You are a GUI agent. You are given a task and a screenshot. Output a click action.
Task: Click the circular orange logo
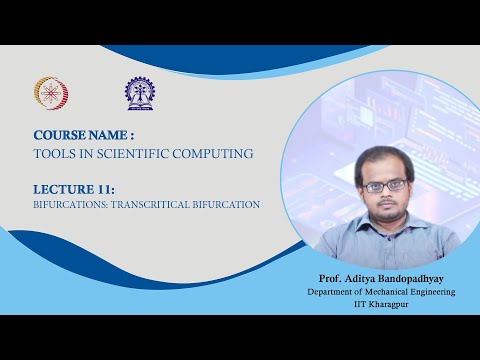click(x=51, y=93)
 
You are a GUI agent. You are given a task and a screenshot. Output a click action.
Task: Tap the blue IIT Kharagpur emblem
click(x=140, y=93)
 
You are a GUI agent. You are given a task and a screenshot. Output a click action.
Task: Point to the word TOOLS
click(x=57, y=153)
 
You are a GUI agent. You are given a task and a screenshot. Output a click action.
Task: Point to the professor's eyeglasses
click(x=384, y=185)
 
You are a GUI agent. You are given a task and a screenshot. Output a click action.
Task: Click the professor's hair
click(x=382, y=157)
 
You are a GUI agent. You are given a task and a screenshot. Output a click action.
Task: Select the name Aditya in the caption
click(x=361, y=277)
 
